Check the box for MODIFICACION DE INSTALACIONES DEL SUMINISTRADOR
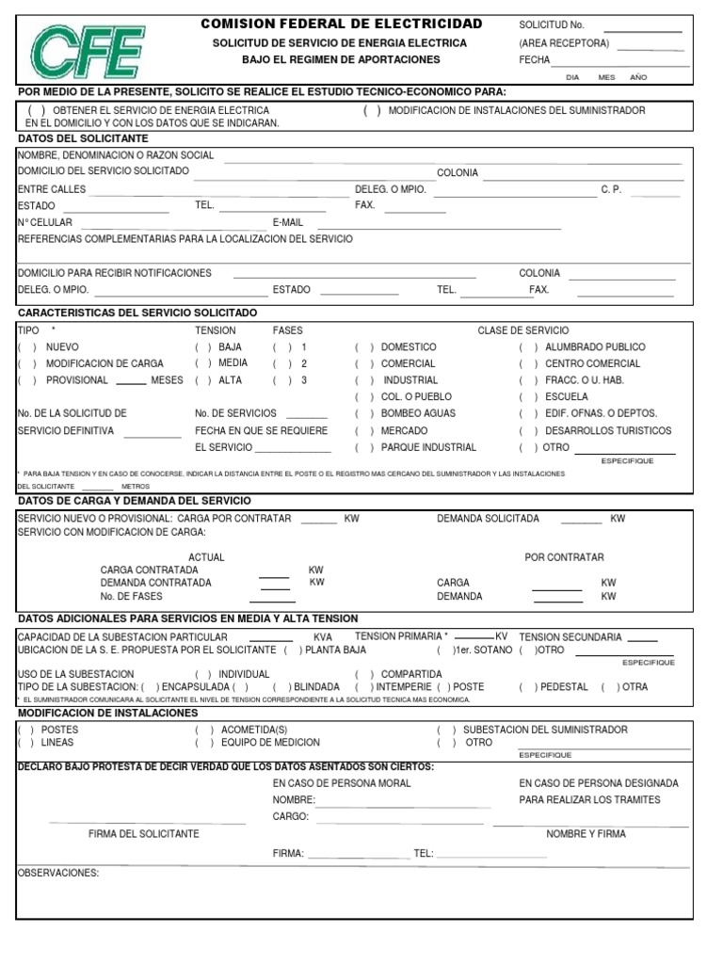point(372,111)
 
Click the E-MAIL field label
point(288,222)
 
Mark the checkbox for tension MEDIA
point(202,363)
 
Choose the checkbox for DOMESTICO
point(362,347)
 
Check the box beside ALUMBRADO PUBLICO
point(527,347)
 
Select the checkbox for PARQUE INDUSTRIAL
point(362,448)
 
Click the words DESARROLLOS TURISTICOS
point(608,431)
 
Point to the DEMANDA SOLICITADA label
point(488,519)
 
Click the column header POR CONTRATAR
point(564,557)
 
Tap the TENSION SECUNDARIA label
point(570,636)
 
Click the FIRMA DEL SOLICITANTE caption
point(143,834)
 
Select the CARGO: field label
point(291,816)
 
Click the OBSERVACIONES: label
point(58,873)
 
